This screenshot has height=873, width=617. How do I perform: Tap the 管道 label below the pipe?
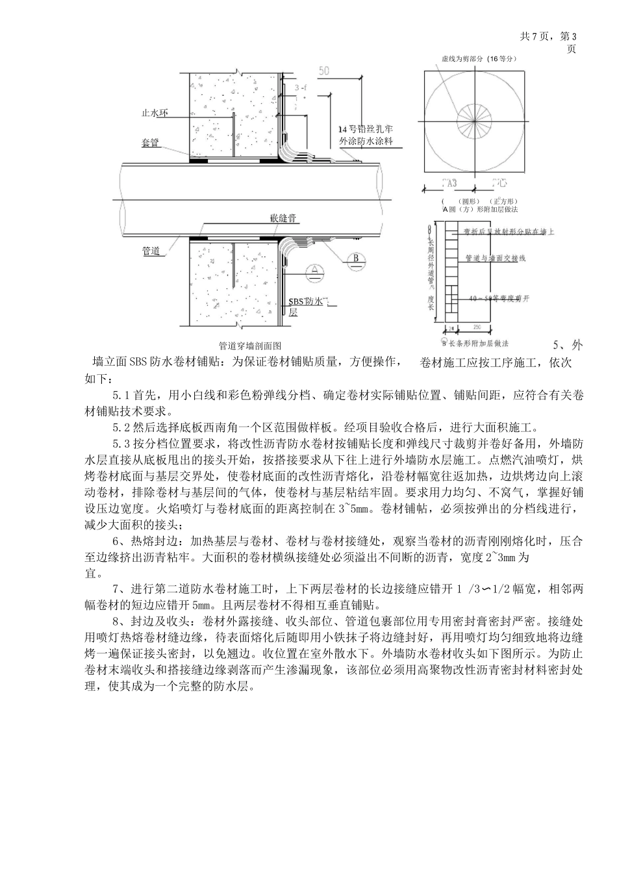click(x=151, y=251)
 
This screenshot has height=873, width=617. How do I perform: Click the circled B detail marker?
click(x=355, y=259)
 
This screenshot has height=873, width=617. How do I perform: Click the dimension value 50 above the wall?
click(x=325, y=70)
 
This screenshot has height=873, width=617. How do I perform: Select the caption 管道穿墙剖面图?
click(x=250, y=346)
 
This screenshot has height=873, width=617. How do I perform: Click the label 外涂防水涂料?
click(x=367, y=140)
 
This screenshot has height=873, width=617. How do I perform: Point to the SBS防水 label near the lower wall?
click(x=308, y=301)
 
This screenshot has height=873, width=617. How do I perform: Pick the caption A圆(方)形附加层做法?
click(x=480, y=210)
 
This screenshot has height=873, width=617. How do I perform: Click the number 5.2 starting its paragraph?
click(x=121, y=427)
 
